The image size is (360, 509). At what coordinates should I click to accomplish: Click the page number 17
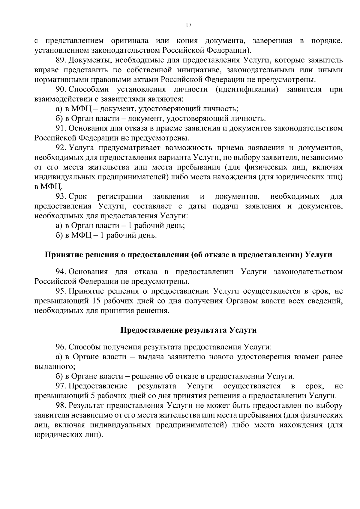pos(189,25)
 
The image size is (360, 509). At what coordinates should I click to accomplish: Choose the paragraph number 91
pos(61,128)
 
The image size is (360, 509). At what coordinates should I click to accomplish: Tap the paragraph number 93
pos(61,196)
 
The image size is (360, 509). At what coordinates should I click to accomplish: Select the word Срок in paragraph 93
pos(78,196)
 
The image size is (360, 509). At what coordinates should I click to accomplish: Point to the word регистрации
pos(120,196)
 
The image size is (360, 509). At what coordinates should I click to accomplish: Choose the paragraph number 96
pos(61,347)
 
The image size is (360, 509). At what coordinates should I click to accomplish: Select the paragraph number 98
pos(61,406)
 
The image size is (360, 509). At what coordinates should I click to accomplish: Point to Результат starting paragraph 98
pos(86,406)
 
